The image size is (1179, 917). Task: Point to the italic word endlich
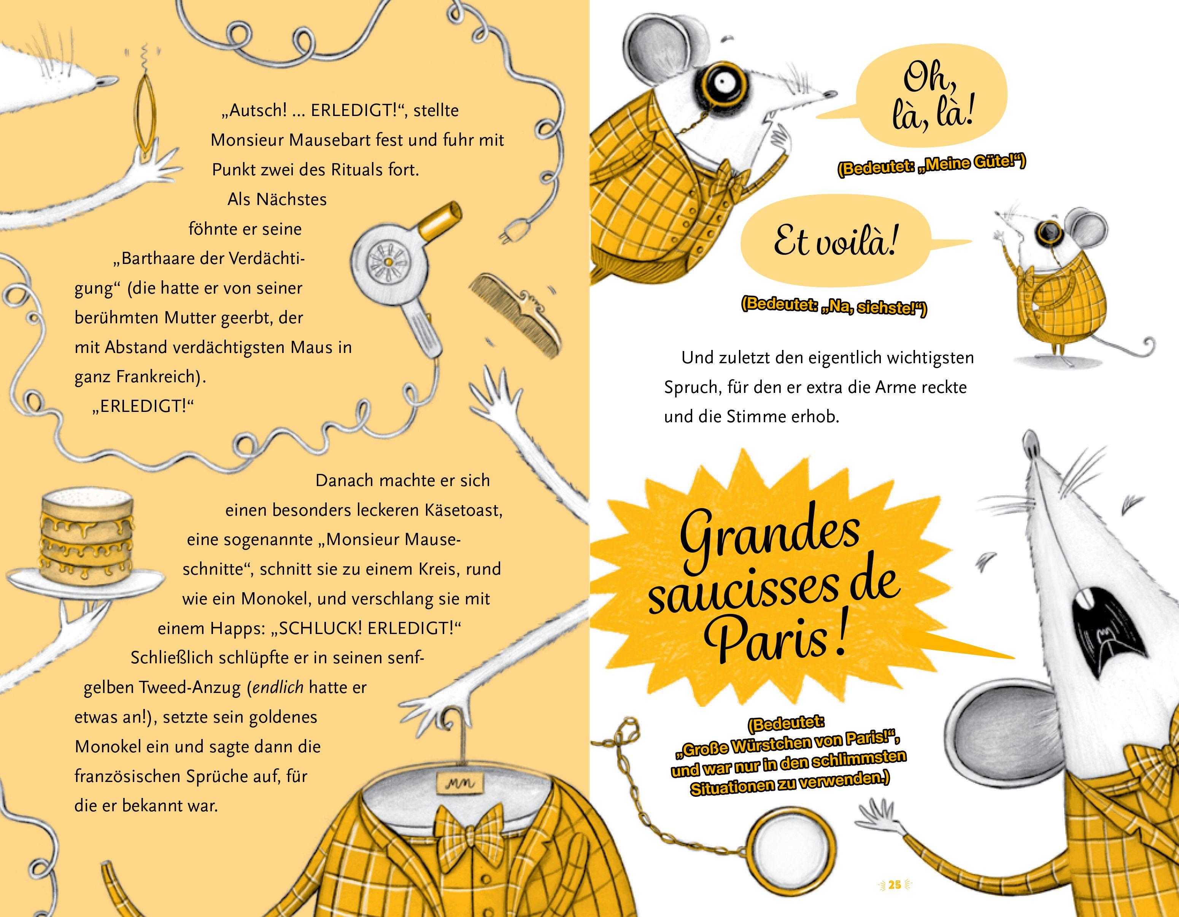[278, 688]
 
